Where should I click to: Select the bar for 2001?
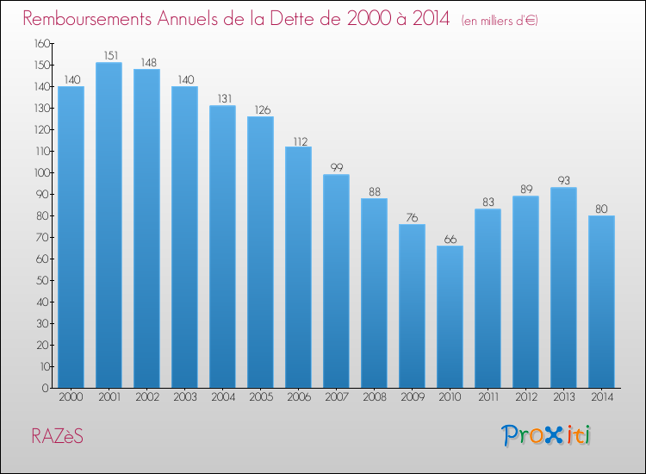pos(109,225)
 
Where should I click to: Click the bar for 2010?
pos(450,316)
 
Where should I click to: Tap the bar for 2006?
pos(298,267)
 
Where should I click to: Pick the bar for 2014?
pos(601,302)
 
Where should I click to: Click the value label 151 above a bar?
pos(111,56)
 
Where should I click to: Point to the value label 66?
pos(450,240)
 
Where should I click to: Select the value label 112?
pos(301,142)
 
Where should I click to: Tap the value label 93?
pos(563,180)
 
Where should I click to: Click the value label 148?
pos(148,63)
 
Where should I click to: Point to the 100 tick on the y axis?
pos(42,172)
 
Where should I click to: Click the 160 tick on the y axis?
pos(42,43)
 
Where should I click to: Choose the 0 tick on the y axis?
pos(46,388)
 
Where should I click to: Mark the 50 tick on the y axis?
pos(43,280)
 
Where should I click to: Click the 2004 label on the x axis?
pos(223,397)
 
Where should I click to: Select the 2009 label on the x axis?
pos(413,397)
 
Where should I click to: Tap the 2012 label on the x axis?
pos(526,397)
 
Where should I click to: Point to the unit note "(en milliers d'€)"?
pos(500,21)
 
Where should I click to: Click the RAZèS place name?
pos(57,436)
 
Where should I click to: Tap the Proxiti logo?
pos(546,435)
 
